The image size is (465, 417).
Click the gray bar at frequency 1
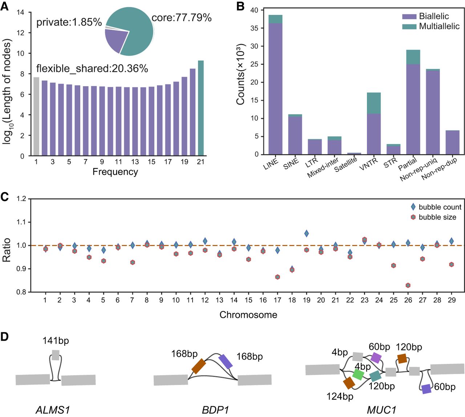pos(36,116)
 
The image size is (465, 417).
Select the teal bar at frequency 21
pos(201,108)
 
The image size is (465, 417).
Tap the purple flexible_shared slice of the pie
pos(115,40)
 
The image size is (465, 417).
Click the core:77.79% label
pos(182,18)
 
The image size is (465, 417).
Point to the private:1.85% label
pos(69,22)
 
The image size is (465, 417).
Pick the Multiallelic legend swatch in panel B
pos(409,27)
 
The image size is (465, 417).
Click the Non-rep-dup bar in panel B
pos(452,142)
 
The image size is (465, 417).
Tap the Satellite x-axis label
pos(345,164)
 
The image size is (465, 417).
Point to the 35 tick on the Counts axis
pos(254,28)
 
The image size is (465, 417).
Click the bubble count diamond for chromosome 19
pos(306,233)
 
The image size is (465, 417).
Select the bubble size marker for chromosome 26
pos(408,285)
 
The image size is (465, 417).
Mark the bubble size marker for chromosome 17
pos(278,277)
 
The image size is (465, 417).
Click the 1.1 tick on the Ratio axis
pos(22,222)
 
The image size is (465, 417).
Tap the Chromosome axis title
pos(248,314)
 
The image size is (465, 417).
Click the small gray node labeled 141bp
pos(56,355)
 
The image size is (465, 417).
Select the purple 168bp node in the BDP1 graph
pos(226,361)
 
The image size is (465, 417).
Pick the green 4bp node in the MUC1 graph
pos(358,374)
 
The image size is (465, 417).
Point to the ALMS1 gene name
pos(53,410)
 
